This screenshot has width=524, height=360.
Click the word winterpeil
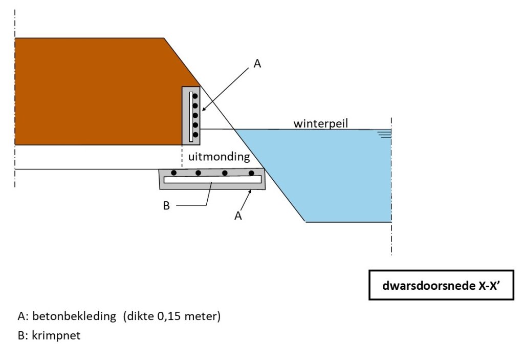coord(320,123)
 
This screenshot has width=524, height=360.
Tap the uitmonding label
coord(219,157)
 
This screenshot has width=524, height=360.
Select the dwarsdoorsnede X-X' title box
coord(441,285)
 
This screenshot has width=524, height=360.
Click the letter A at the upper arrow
coord(257,63)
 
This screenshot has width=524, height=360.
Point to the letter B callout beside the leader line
coord(166,205)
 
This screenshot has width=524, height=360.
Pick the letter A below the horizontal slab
coord(238,216)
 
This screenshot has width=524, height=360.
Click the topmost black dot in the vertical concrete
coord(195,96)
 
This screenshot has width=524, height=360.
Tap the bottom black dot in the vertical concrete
coord(195,135)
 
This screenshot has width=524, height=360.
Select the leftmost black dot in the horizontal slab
coord(174,173)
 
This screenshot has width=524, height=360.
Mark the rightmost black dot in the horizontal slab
coord(251,173)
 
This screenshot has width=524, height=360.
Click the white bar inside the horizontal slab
coord(212,180)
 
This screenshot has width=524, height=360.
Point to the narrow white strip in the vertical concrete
coord(190,116)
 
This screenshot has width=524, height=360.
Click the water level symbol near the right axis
coord(385,134)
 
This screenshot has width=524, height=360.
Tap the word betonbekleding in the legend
coord(74,316)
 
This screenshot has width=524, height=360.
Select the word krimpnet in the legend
coord(56,335)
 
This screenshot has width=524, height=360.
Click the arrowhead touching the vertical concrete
coord(204,108)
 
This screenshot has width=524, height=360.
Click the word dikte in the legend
coord(139,316)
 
